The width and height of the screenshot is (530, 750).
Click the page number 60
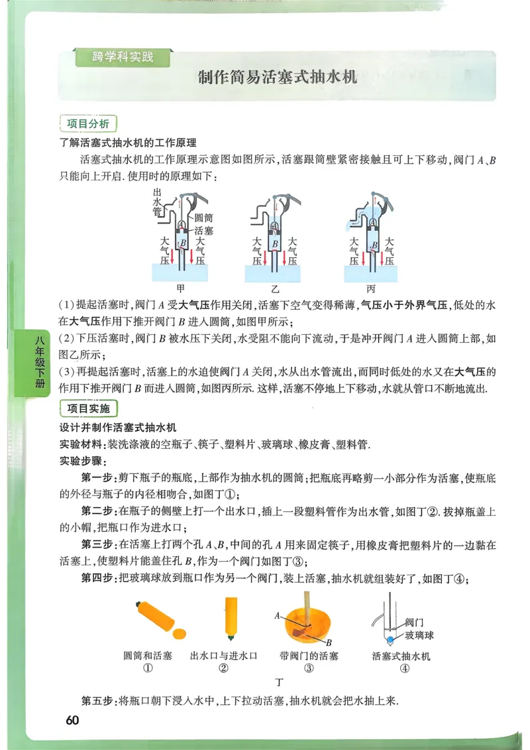73,721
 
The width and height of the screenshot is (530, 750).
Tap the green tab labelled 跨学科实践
123,57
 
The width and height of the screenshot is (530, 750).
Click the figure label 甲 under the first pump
180,288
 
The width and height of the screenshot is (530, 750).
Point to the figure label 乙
275,288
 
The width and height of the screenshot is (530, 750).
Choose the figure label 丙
370,288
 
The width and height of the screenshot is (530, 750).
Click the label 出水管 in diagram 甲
157,202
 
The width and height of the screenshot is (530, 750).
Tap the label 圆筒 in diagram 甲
205,218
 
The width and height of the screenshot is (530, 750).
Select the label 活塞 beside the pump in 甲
205,229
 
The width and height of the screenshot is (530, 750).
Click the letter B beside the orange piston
328,642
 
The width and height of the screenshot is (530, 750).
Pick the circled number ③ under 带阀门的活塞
308,668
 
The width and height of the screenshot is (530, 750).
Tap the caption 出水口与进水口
223,656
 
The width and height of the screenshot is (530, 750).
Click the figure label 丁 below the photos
279,682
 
